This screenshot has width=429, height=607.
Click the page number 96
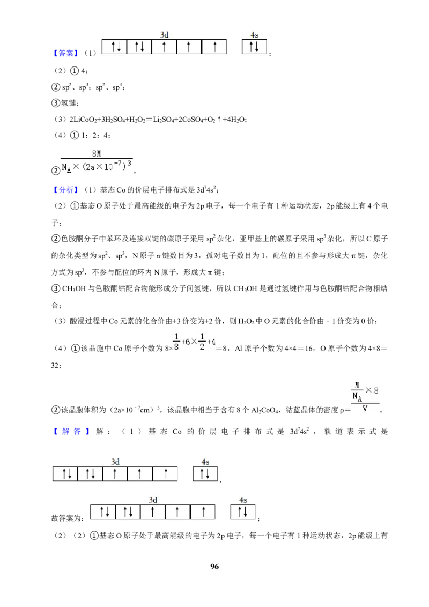coord(214,566)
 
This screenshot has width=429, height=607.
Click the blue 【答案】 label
coord(66,53)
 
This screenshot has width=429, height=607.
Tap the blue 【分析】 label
coord(66,190)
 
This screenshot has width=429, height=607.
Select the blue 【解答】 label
coord(71,431)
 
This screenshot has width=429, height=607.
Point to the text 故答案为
coord(68,518)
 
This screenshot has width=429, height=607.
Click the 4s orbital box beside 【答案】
coord(254,47)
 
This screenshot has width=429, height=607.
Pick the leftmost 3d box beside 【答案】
coord(115,47)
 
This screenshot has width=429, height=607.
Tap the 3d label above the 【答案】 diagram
coord(165,35)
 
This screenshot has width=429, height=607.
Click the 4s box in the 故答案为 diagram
coord(243,512)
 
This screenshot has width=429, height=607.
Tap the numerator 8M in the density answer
coord(97,153)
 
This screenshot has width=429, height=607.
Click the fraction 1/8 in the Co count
coord(176,342)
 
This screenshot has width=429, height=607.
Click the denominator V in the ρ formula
coord(365,409)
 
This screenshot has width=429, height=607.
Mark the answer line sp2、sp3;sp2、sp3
coord(93,87)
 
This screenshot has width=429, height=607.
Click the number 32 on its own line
coord(56,365)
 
